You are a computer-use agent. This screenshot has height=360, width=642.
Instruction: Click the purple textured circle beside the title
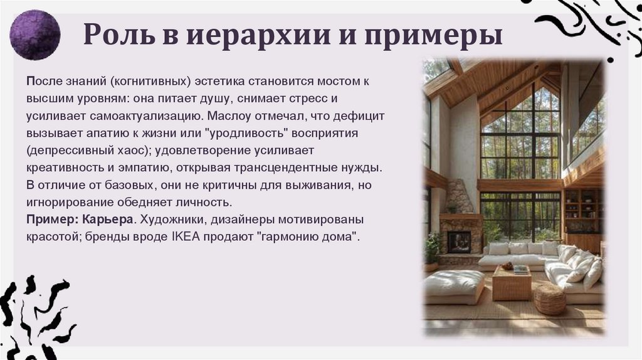pos(36,34)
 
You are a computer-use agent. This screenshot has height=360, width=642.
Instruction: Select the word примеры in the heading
pos(439,36)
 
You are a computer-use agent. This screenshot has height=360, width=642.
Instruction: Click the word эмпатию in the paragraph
pos(148,169)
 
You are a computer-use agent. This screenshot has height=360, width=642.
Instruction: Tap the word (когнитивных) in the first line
pos(140,82)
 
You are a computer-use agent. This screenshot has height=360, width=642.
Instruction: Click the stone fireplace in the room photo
pos(460,230)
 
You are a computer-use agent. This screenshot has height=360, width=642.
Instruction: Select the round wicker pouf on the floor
pos(549,299)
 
